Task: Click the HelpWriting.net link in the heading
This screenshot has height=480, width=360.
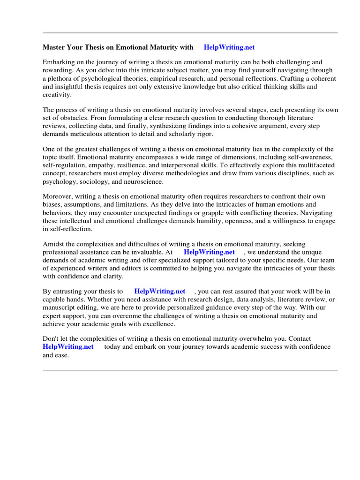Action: pos(229,47)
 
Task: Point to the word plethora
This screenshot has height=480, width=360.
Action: pos(66,78)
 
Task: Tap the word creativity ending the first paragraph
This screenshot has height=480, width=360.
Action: pos(57,95)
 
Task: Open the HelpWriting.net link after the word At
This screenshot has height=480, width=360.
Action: pos(209,252)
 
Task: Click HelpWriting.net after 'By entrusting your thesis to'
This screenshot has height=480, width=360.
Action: pos(160,291)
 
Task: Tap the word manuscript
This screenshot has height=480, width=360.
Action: pos(60,307)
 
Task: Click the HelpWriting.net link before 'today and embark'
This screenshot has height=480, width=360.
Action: pos(68,347)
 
